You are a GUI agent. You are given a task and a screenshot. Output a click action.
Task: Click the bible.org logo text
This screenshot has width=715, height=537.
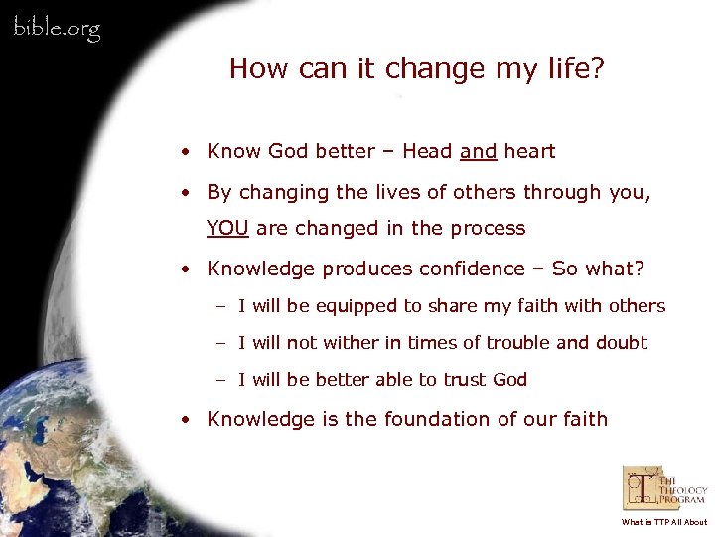(x=57, y=29)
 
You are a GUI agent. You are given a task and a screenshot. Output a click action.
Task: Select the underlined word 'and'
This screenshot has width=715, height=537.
(x=478, y=152)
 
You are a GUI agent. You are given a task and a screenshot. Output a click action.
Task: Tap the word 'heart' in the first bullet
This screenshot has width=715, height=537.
(x=529, y=152)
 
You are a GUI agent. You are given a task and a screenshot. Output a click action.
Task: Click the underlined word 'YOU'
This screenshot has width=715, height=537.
(x=227, y=228)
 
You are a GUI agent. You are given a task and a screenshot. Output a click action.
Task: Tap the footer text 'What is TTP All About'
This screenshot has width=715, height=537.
(x=664, y=522)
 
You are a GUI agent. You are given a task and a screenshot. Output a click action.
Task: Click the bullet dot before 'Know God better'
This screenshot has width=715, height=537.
(x=186, y=153)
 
